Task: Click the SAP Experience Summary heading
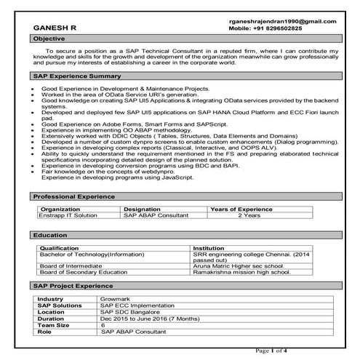[x=76, y=76]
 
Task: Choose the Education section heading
[x=51, y=236]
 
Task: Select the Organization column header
[x=64, y=209]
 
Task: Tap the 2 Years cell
[x=249, y=216]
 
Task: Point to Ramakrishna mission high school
[x=242, y=273]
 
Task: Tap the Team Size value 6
[x=103, y=324]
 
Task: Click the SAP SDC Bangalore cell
[x=132, y=312]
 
